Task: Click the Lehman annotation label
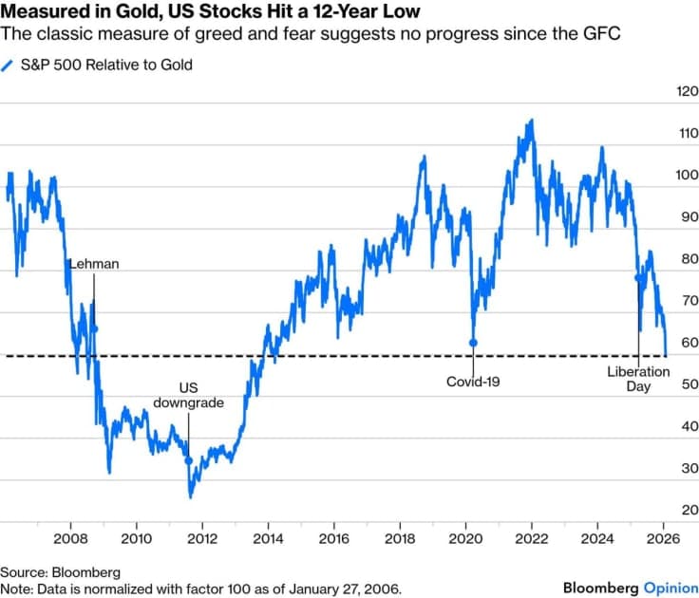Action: (x=94, y=264)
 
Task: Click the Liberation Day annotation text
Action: (x=638, y=379)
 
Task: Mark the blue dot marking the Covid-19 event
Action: (x=473, y=343)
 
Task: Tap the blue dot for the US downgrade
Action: (x=188, y=461)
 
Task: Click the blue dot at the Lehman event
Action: (x=94, y=328)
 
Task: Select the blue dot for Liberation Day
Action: (x=637, y=277)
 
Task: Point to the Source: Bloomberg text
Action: (x=60, y=572)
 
